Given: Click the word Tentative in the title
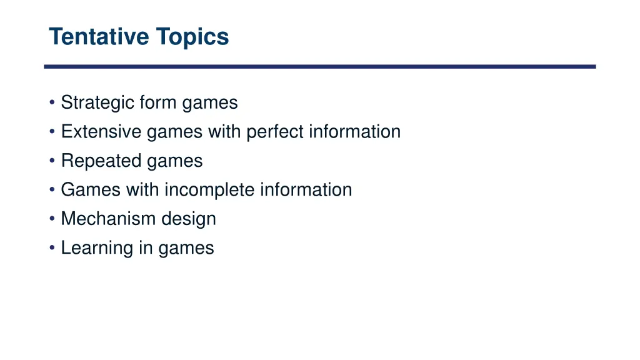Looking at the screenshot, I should coord(99,37).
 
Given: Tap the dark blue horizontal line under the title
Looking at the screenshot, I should coord(320,66).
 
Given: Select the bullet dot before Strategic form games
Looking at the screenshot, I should coord(52,103).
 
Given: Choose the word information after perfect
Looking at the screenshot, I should coord(354,132).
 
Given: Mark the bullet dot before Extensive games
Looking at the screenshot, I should coord(52,132).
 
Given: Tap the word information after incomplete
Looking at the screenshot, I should coord(306,190).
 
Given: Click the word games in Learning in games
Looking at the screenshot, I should coord(186,249).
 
